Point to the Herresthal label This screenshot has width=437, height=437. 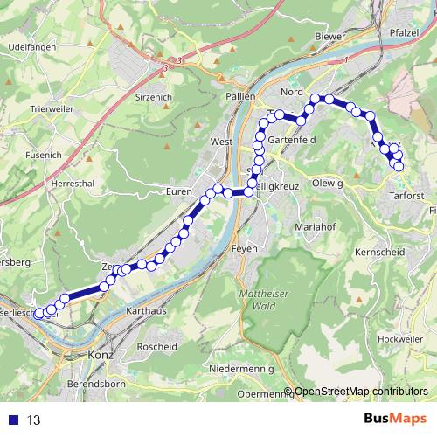click(73, 184)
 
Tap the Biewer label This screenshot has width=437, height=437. click(329, 38)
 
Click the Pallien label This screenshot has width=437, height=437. click(239, 96)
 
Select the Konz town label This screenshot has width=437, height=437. click(101, 356)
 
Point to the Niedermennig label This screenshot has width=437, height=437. click(240, 370)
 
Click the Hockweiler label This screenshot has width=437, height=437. click(401, 338)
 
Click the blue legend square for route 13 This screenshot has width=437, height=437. click(12, 420)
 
